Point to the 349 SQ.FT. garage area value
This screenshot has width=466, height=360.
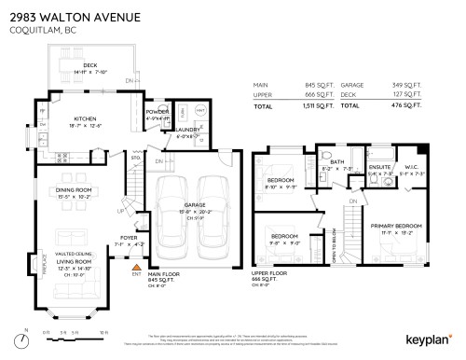point(415,84)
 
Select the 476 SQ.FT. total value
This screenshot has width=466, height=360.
point(415,107)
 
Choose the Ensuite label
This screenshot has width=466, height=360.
point(380,167)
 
